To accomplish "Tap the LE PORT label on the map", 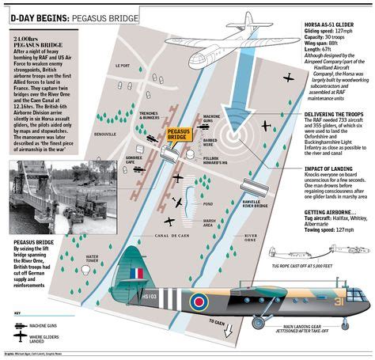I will [121, 87].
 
